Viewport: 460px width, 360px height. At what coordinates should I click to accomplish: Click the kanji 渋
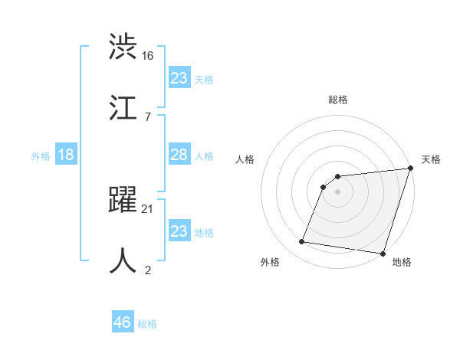point(123,47)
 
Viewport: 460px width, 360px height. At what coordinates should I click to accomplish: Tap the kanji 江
point(123,108)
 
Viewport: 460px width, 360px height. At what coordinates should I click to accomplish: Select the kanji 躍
point(123,200)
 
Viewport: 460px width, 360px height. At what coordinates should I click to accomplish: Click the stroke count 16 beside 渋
point(148,55)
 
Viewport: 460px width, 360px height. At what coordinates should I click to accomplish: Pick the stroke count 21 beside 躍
point(148,208)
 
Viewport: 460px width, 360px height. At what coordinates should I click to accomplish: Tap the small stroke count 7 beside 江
point(146,116)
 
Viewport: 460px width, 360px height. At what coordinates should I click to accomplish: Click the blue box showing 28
point(179,155)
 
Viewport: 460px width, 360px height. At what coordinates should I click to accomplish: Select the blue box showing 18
point(66,155)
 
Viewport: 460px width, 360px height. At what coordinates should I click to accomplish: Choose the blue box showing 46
point(123,322)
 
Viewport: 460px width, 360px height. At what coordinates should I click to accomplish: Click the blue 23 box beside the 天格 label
point(179,78)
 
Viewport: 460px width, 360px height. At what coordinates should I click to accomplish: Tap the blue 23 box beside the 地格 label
point(179,231)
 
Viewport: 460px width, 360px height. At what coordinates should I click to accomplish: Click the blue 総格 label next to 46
point(147,324)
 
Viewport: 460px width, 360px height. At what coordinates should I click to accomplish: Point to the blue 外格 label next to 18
point(41,156)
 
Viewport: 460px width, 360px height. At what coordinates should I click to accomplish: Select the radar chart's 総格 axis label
point(338,100)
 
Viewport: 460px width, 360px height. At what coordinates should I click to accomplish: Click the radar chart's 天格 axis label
point(431,159)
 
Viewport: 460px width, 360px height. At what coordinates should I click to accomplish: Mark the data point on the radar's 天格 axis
point(410,169)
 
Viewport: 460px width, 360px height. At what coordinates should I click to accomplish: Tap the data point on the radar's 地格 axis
point(383,254)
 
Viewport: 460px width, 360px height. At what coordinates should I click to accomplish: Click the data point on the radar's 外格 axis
point(302,242)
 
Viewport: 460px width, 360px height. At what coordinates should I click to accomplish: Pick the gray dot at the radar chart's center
point(338,191)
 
